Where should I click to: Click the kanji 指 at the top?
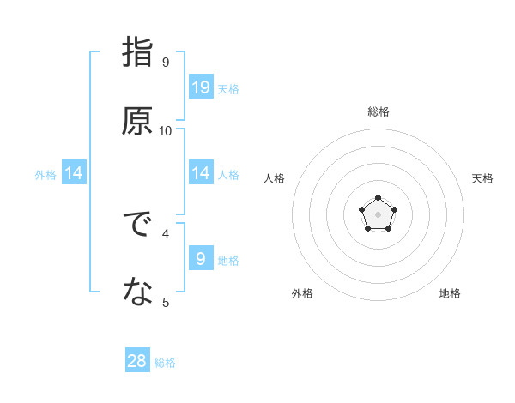[137, 53]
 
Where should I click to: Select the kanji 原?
[137, 121]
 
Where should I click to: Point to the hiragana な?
[137, 293]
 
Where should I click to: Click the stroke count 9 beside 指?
[165, 62]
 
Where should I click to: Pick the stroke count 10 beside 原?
[165, 130]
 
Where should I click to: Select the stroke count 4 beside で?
[165, 232]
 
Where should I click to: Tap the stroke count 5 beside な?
[165, 302]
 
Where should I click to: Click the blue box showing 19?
[201, 87]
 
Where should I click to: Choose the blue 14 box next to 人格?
[201, 173]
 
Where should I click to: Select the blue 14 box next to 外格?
[74, 173]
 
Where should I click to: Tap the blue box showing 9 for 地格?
[201, 258]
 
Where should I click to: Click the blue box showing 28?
[137, 361]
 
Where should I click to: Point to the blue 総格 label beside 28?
[165, 363]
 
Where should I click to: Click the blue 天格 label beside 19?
[228, 89]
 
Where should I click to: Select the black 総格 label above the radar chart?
[378, 111]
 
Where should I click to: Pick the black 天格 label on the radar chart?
[482, 178]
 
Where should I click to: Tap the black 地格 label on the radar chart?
[450, 293]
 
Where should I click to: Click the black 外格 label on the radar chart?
[302, 293]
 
